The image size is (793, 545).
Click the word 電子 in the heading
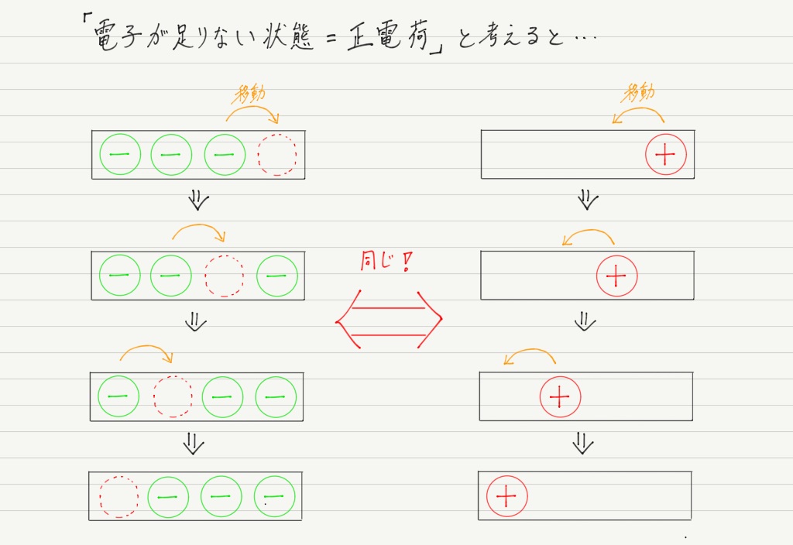[x=115, y=37]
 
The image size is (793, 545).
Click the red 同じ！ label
[x=386, y=262]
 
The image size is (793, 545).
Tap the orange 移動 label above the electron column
[x=250, y=94]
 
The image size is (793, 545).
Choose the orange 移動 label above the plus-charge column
[x=640, y=93]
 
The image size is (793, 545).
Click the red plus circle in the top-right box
[x=665, y=154]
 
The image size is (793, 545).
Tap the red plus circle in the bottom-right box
[x=506, y=496]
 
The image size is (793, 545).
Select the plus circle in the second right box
[x=616, y=276]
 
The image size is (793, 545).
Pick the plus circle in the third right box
[x=560, y=397]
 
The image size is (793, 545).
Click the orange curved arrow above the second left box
[x=199, y=225]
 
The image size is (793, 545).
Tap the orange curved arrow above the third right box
[x=530, y=349]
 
